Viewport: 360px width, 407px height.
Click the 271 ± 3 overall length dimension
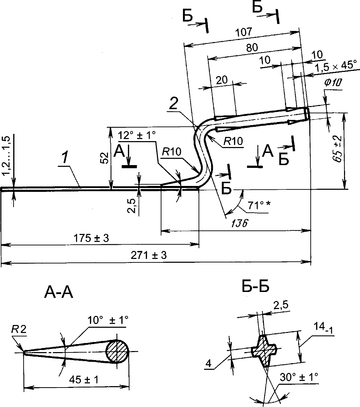click(149, 255)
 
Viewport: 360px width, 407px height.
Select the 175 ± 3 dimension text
click(91, 238)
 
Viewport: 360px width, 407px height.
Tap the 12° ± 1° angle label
click(137, 135)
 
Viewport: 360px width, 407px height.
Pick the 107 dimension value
click(243, 32)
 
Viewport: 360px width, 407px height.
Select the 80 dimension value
click(252, 48)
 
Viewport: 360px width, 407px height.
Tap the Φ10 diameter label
click(333, 83)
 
